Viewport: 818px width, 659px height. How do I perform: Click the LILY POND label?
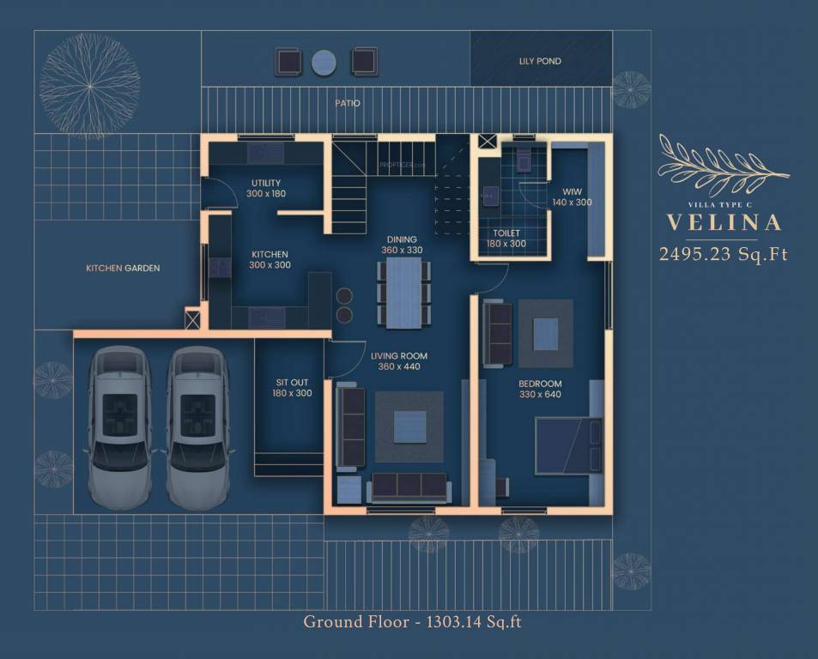pos(540,62)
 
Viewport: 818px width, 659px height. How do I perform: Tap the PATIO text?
pos(348,103)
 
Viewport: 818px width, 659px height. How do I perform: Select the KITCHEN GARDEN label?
pos(123,269)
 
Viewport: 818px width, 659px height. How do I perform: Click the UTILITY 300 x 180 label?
pos(267,189)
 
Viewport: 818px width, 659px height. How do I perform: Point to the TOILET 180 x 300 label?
pos(506,239)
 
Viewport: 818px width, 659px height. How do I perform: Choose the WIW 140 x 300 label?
pos(572,196)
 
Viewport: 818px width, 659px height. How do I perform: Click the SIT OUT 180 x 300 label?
pos(293,387)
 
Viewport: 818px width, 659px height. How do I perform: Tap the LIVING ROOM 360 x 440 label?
pos(399,361)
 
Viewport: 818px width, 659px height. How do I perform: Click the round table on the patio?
pos(324,61)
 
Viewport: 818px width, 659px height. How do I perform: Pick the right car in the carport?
pos(197,426)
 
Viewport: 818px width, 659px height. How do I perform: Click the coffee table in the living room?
pos(409,426)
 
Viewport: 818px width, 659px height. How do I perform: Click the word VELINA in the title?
pos(724,223)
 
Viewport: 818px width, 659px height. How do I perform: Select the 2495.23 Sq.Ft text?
pos(723,254)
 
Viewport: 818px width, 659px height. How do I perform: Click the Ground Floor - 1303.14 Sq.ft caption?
pos(412,621)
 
